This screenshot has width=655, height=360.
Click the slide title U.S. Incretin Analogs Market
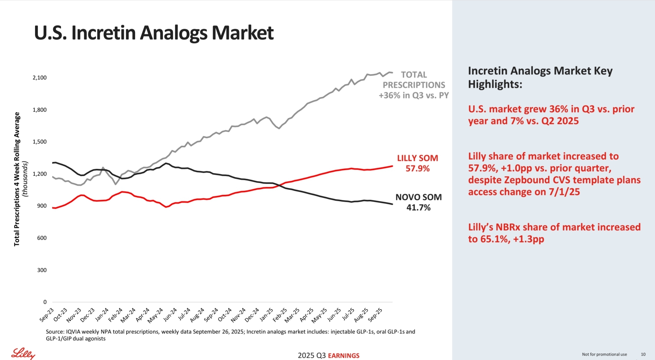[154, 33]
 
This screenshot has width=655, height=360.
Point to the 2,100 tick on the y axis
[40, 77]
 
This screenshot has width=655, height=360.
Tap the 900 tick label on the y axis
[42, 206]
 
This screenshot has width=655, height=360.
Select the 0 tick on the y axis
[45, 302]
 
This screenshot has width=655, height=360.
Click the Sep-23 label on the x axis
[47, 315]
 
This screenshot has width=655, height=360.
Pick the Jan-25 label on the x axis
[267, 315]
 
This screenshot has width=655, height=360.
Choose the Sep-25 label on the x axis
[375, 315]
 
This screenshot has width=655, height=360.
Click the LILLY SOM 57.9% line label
[417, 163]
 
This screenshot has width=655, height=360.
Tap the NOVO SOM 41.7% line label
[418, 202]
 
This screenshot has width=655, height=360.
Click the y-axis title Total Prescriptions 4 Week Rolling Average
[17, 179]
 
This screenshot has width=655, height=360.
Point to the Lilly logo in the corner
[23, 353]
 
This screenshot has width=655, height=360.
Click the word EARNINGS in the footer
[344, 356]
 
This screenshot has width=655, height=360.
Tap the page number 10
[643, 354]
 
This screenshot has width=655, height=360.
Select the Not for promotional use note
[604, 354]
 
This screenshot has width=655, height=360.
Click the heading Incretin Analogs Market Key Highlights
[540, 77]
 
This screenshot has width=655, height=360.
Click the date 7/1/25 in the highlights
[564, 192]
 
